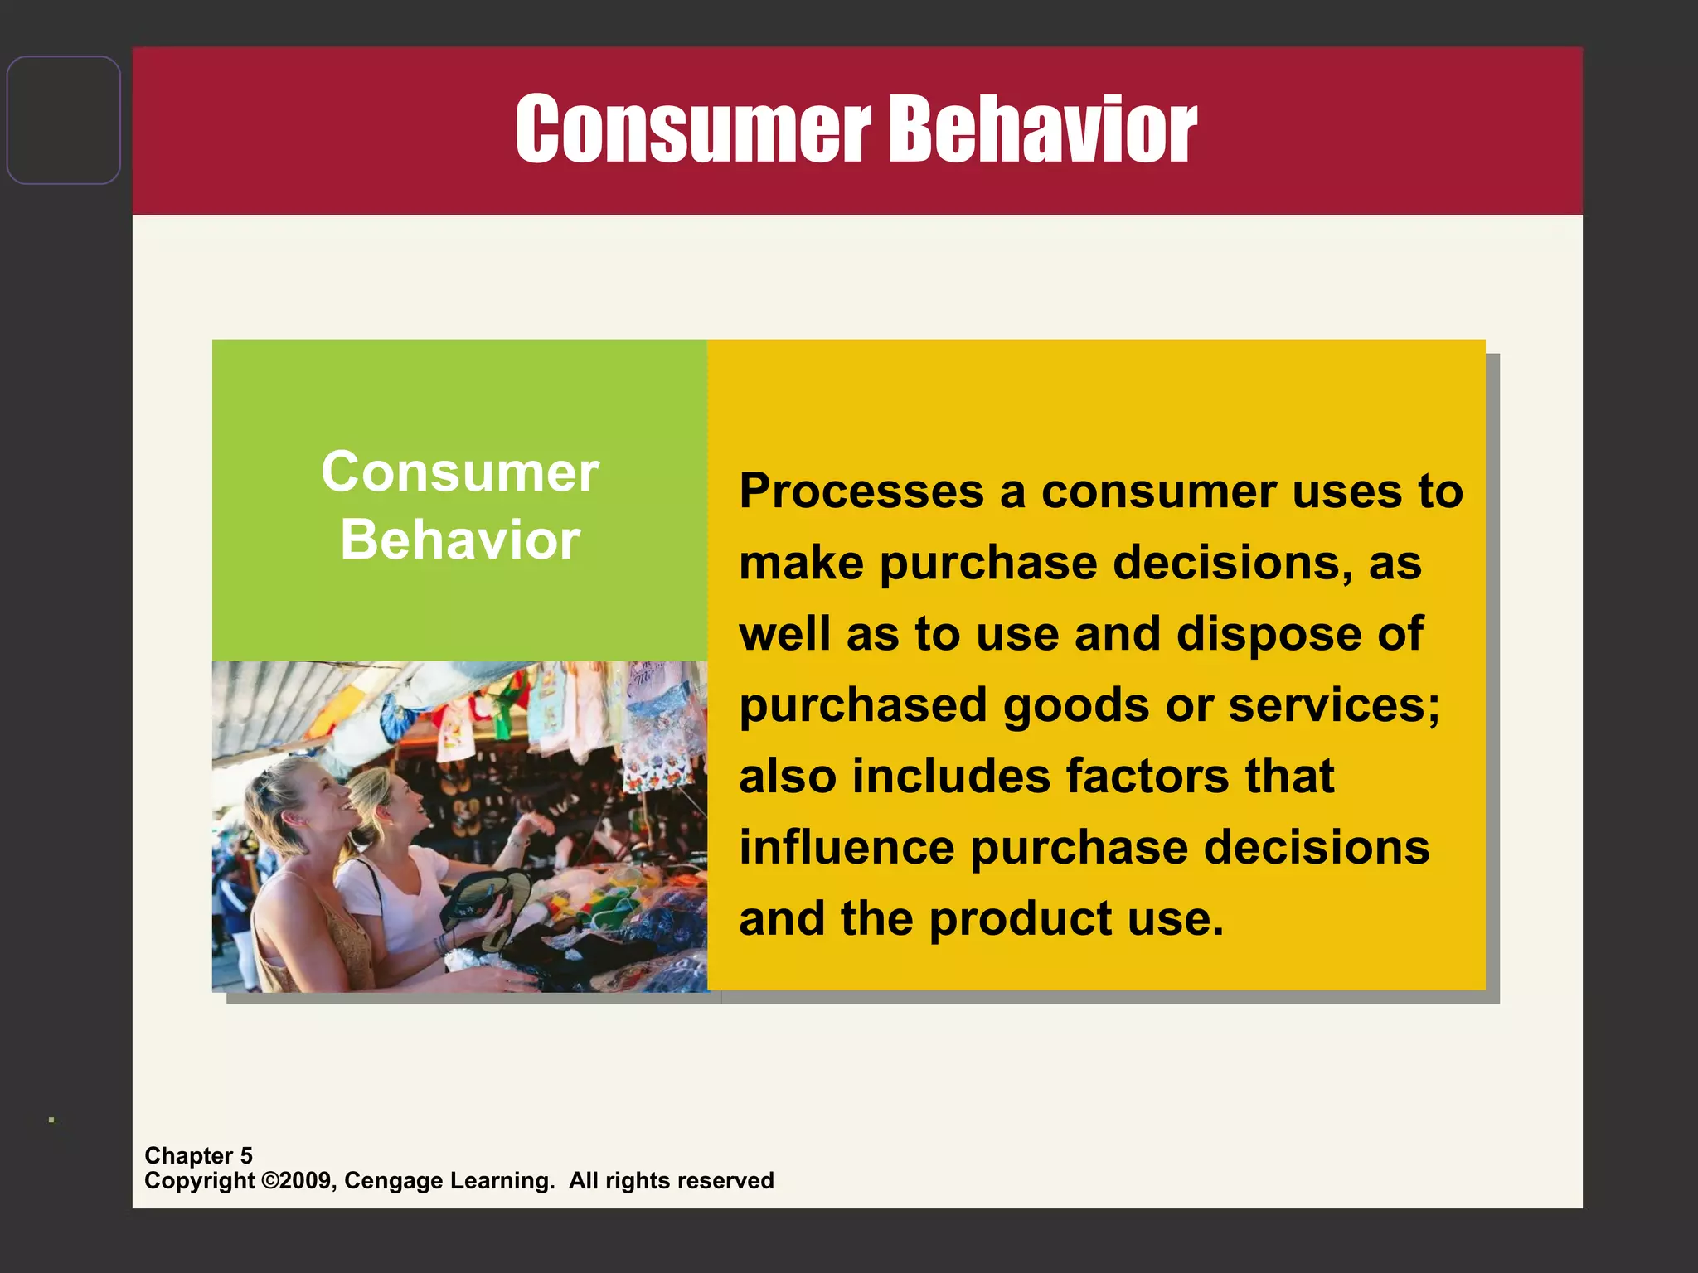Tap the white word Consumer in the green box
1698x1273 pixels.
pyautogui.click(x=460, y=472)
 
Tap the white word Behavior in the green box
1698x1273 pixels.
pyautogui.click(x=460, y=540)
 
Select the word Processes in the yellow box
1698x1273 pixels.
pyautogui.click(x=861, y=491)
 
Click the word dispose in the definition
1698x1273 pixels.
pyautogui.click(x=1269, y=634)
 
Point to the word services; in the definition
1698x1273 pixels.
pyautogui.click(x=1334, y=705)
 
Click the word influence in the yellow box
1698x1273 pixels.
pyautogui.click(x=847, y=848)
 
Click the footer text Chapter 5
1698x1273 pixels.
pyautogui.click(x=198, y=1155)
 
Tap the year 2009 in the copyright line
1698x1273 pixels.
pyautogui.click(x=306, y=1180)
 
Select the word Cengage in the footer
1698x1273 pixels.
pyautogui.click(x=393, y=1180)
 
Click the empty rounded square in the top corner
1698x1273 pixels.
pyautogui.click(x=64, y=120)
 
